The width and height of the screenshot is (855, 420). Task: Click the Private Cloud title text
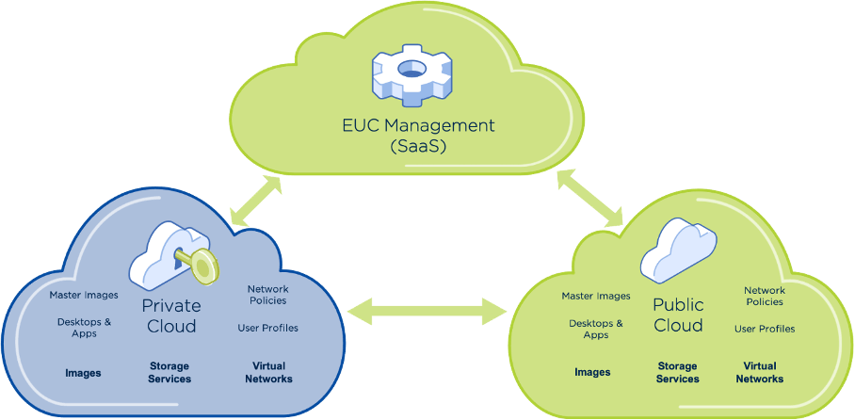[171, 315]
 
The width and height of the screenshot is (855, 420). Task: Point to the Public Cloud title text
[678, 315]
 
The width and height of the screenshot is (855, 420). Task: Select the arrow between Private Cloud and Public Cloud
[427, 308]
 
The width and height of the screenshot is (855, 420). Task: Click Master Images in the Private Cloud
[84, 296]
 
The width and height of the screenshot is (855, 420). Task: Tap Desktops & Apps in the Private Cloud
[84, 327]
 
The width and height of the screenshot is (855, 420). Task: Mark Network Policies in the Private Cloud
[267, 295]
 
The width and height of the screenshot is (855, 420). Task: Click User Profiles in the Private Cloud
[267, 328]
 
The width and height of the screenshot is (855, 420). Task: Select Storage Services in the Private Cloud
[169, 372]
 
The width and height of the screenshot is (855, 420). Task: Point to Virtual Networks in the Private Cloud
[268, 372]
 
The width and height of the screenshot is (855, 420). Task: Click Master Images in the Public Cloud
[596, 296]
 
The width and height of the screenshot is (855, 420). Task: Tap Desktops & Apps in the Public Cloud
[596, 329]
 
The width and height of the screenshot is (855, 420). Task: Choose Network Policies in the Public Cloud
[765, 297]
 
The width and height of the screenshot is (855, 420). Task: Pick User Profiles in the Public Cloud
[765, 329]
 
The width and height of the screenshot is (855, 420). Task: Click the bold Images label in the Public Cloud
[592, 372]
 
